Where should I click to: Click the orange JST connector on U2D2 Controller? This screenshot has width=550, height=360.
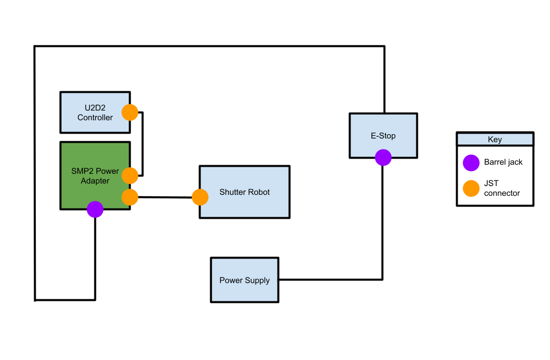tap(130, 112)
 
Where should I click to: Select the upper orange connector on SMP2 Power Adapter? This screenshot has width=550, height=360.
tap(130, 175)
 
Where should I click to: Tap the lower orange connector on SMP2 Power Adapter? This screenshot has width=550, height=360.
tap(130, 197)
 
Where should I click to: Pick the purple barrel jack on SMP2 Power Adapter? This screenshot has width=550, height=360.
tap(95, 209)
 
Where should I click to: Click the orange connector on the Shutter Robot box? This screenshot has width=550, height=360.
tap(200, 197)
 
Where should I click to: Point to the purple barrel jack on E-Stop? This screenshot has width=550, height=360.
tap(383, 158)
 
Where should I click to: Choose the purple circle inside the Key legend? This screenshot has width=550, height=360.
tap(471, 163)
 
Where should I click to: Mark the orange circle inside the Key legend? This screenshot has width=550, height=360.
tap(471, 188)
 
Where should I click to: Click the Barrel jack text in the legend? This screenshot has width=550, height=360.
tap(503, 162)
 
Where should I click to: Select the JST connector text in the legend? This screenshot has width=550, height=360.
tap(502, 188)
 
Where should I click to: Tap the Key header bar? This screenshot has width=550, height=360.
tap(494, 139)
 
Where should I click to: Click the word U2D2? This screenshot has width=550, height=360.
tap(95, 108)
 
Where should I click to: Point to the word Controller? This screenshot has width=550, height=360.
tap(95, 117)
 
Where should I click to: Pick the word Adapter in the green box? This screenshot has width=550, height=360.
tap(95, 181)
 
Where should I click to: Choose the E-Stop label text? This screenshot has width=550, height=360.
tap(383, 136)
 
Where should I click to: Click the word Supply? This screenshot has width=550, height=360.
tap(257, 280)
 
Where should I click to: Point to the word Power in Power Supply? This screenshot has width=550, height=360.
tap(231, 280)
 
